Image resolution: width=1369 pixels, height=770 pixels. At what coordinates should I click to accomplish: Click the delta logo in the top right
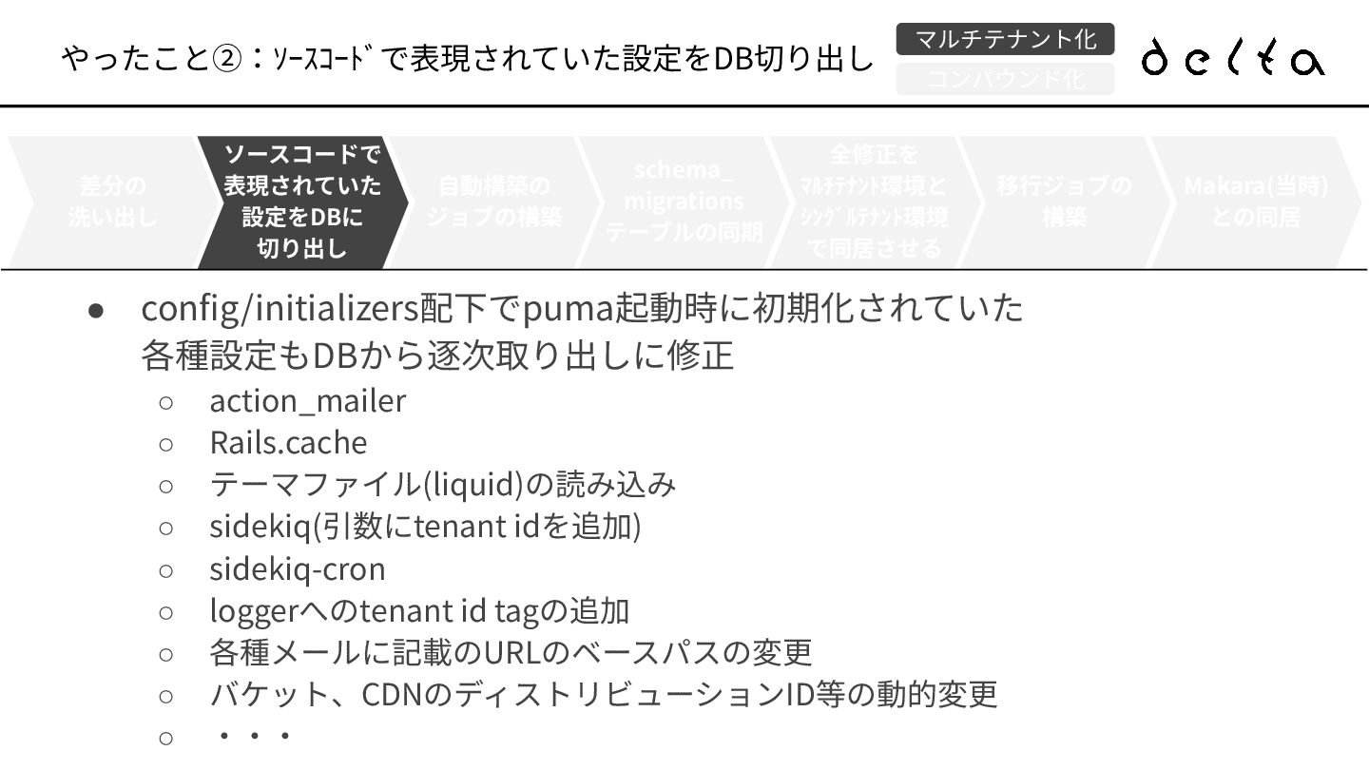pyautogui.click(x=1233, y=57)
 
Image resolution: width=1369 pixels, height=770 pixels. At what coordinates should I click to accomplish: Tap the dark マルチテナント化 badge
pyautogui.click(x=1005, y=39)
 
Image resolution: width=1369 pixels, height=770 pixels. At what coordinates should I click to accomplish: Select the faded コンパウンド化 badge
pyautogui.click(x=1005, y=79)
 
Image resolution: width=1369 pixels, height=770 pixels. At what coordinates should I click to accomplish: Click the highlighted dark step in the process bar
pyautogui.click(x=302, y=202)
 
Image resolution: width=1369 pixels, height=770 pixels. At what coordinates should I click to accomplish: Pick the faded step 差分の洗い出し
pyautogui.click(x=112, y=202)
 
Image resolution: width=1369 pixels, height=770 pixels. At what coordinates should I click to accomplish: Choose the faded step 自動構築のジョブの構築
pyautogui.click(x=493, y=202)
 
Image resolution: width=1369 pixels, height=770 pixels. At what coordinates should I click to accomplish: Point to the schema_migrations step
pyautogui.click(x=684, y=202)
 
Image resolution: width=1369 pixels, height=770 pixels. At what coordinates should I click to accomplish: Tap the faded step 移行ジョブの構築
pyautogui.click(x=1064, y=202)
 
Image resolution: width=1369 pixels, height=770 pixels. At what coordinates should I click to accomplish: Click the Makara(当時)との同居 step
pyautogui.click(x=1255, y=202)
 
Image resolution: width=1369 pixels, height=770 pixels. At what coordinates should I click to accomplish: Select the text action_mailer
pyautogui.click(x=307, y=401)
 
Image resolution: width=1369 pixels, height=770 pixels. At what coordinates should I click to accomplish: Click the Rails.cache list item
pyautogui.click(x=288, y=443)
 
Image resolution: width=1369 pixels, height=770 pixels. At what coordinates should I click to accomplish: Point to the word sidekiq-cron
pyautogui.click(x=298, y=569)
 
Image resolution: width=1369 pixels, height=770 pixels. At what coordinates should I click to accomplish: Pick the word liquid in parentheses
pyautogui.click(x=472, y=485)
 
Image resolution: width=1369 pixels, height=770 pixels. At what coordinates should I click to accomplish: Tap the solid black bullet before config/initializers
pyautogui.click(x=95, y=311)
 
